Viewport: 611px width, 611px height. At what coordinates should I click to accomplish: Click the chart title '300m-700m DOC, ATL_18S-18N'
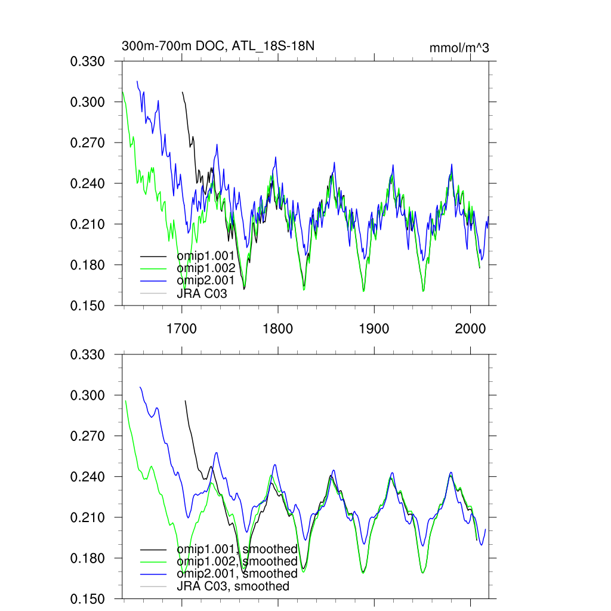(x=218, y=46)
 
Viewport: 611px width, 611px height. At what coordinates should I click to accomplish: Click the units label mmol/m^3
(x=459, y=48)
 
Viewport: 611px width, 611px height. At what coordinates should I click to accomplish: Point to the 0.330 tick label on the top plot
(x=88, y=61)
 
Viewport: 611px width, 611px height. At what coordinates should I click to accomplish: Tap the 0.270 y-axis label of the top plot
(x=88, y=143)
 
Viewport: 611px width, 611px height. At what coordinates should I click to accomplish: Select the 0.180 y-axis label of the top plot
(x=88, y=265)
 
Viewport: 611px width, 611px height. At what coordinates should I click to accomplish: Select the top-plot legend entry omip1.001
(x=202, y=255)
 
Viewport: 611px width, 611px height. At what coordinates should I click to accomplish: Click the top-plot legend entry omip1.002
(x=202, y=268)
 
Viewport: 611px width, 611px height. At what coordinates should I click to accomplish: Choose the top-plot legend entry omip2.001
(x=202, y=280)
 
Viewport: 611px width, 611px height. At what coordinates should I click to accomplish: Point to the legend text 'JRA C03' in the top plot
(x=202, y=294)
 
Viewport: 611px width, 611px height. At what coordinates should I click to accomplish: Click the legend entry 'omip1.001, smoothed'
(x=237, y=549)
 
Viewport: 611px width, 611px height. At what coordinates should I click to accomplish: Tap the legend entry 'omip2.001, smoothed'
(x=237, y=573)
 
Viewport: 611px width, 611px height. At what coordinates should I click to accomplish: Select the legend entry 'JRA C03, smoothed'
(x=233, y=586)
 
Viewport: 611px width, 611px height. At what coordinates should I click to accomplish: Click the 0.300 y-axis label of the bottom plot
(x=88, y=396)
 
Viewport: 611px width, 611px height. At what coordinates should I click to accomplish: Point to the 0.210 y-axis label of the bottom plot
(x=88, y=517)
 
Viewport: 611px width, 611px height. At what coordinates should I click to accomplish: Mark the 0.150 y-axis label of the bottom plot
(x=88, y=599)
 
